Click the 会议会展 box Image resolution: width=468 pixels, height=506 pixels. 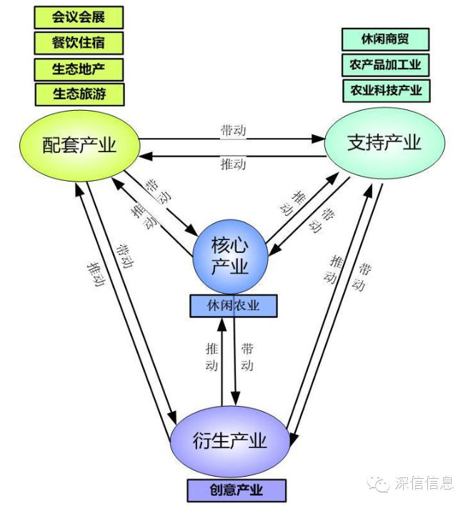(79, 17)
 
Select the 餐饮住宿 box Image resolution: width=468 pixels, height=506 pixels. (79, 43)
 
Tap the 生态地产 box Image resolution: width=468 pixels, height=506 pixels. (79, 69)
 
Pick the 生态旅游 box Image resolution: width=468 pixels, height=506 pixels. (79, 94)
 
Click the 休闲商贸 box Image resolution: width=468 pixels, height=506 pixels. (385, 39)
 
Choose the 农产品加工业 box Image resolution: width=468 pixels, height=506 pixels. (385, 65)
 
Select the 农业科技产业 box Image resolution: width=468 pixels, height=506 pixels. (386, 91)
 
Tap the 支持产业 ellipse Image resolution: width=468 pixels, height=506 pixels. (384, 142)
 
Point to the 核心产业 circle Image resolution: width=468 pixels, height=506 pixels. (230, 256)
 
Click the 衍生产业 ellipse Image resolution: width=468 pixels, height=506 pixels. (230, 441)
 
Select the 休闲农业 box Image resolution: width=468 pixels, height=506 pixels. (233, 306)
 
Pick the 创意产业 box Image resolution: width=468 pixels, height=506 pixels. (237, 490)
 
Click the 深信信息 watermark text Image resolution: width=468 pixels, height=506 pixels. (424, 484)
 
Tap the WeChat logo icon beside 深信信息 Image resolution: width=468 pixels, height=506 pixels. (379, 484)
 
